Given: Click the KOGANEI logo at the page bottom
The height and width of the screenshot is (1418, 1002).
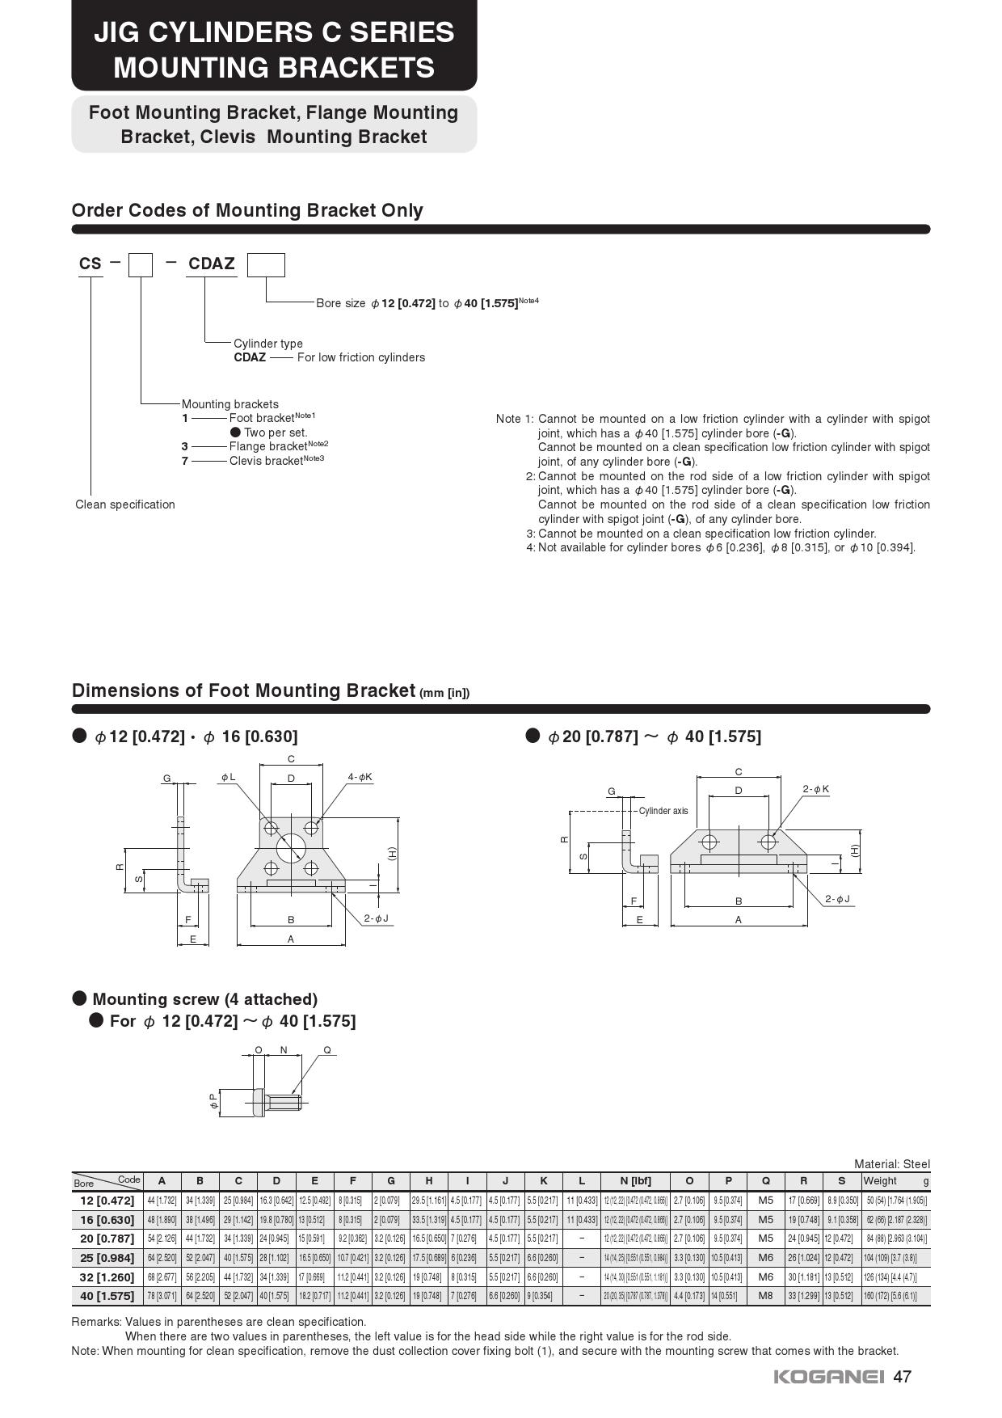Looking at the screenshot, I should [x=829, y=1377].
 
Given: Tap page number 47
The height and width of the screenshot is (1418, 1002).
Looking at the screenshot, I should [x=903, y=1377].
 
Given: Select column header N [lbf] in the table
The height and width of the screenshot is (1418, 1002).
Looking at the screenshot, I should [x=635, y=1180].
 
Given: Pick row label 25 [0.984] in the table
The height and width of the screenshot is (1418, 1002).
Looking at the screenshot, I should [x=107, y=1257].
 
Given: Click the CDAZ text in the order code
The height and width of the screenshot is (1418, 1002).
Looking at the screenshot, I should [x=212, y=264].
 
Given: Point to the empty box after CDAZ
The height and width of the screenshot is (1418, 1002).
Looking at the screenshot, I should [x=266, y=265].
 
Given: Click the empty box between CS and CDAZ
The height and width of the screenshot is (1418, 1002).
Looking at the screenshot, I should [x=141, y=265].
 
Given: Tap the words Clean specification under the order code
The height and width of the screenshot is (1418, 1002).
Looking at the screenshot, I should [x=125, y=504].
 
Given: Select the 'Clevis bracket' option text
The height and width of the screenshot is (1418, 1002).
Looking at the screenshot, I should [x=266, y=461].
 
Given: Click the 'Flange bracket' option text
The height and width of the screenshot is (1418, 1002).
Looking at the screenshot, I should [x=267, y=446].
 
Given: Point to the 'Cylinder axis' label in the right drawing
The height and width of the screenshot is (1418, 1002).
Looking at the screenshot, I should [x=663, y=810].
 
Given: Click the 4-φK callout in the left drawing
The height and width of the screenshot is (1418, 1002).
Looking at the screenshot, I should [x=360, y=777].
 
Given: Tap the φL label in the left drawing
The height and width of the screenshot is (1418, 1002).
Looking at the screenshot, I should [x=229, y=777].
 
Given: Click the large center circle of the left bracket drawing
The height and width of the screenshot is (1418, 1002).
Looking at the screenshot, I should [x=291, y=848].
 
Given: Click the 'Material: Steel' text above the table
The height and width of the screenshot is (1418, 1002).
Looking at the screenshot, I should [x=892, y=1164].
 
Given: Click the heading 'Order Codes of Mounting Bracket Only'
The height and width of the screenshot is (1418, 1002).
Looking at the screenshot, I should [x=247, y=210].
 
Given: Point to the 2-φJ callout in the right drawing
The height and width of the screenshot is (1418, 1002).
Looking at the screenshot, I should [x=837, y=899].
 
